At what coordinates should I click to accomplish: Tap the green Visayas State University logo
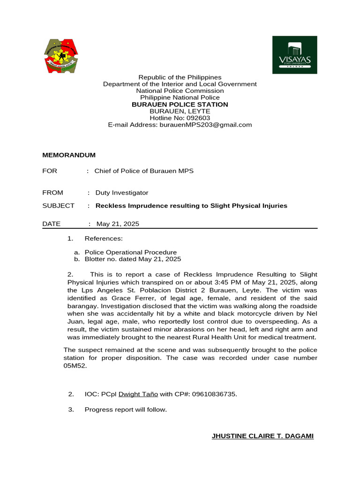(295, 55)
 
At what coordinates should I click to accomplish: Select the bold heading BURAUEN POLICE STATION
(180, 105)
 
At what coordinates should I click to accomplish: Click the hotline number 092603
(198, 118)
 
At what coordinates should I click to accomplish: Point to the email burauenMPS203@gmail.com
(206, 125)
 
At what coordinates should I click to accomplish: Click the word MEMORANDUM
(69, 155)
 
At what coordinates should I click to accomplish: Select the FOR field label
(50, 171)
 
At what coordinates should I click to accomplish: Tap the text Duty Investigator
(122, 193)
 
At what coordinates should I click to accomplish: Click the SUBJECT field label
(58, 206)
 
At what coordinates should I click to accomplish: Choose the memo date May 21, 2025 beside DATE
(118, 224)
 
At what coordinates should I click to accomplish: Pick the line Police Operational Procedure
(131, 252)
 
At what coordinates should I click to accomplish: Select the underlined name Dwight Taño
(138, 394)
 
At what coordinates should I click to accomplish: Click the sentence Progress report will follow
(126, 410)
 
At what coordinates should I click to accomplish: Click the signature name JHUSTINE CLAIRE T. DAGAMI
(262, 436)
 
